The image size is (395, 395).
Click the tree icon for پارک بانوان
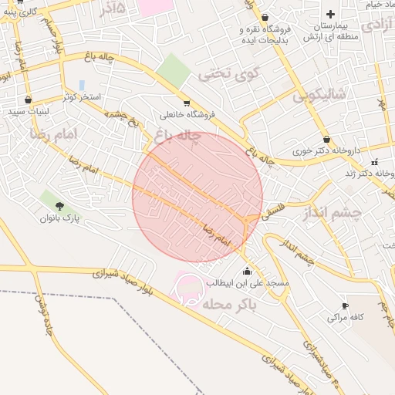(60, 205)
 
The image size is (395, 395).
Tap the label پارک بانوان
(61, 218)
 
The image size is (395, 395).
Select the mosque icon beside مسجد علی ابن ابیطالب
(247, 271)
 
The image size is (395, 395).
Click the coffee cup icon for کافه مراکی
(344, 306)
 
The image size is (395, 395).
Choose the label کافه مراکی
(344, 317)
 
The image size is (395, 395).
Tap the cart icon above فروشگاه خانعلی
(186, 103)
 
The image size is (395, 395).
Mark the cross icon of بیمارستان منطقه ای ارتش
(331, 14)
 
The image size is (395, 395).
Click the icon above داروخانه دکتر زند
(375, 162)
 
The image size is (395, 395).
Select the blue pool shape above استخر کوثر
(82, 85)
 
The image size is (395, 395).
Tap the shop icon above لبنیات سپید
(28, 100)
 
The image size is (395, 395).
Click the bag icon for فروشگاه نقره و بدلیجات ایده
(265, 17)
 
